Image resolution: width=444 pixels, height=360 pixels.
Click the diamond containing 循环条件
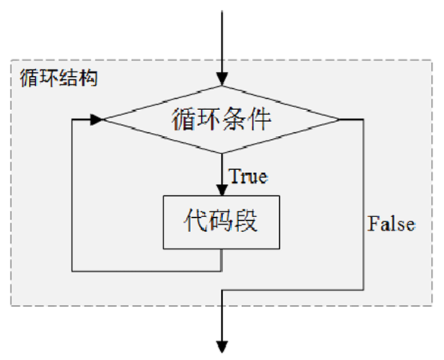tap(221, 120)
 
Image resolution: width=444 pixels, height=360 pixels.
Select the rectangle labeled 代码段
tap(221, 222)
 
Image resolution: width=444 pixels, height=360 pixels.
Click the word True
tap(248, 176)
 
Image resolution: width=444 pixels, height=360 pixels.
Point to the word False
tap(391, 223)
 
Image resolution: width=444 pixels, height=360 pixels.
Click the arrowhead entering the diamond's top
tap(221, 79)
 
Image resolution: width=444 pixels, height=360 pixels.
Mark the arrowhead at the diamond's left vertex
tap(96, 120)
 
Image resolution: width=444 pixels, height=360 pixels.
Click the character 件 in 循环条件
tap(258, 119)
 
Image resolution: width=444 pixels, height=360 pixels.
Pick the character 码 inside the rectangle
tap(221, 222)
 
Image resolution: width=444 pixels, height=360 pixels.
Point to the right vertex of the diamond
tap(340, 120)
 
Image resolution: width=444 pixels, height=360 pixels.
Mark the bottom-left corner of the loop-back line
tap(73, 271)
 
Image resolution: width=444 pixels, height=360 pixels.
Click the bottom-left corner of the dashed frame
tap(11, 306)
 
